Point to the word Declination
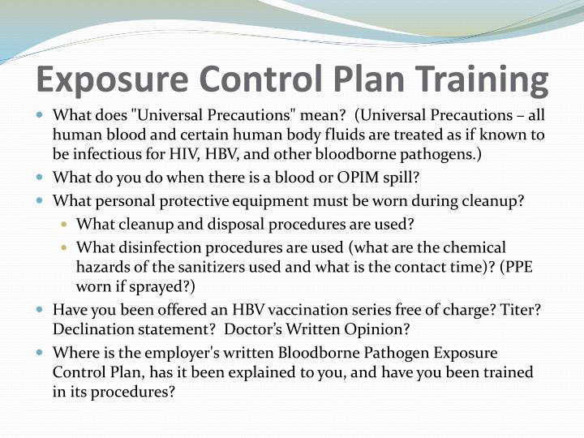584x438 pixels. pyautogui.click(x=92, y=329)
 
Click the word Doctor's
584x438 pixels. pyautogui.click(x=257, y=329)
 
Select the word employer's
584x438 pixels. pyautogui.click(x=183, y=353)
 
